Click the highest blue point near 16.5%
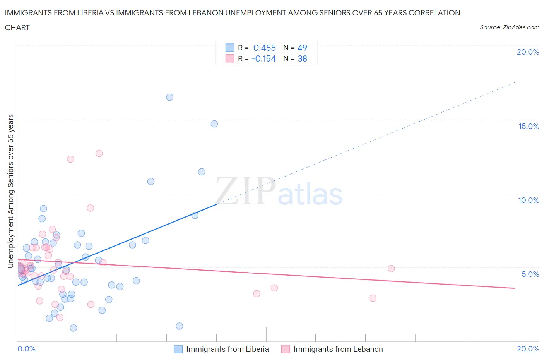tap(169, 97)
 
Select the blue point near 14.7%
tap(214, 124)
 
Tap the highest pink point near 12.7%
tap(99, 153)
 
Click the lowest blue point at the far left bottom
tap(74, 328)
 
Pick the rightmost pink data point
tap(391, 269)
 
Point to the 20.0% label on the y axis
tap(528, 52)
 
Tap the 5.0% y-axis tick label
tap(530, 274)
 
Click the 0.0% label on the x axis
tap(26, 349)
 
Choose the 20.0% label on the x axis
tap(528, 349)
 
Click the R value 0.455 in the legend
tap(264, 48)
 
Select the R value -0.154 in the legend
tap(263, 58)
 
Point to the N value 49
tap(302, 48)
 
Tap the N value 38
tap(302, 58)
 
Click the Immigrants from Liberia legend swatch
tap(178, 349)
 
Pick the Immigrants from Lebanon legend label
tap(338, 349)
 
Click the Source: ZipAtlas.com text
tap(509, 27)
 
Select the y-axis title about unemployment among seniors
tap(10, 191)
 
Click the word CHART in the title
tap(17, 27)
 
